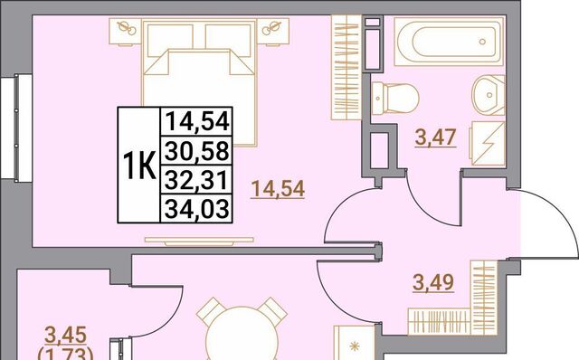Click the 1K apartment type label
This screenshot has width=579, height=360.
(138, 166)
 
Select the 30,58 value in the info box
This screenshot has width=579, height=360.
(197, 151)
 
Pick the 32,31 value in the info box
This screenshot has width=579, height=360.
(196, 181)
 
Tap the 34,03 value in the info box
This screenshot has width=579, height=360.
(197, 209)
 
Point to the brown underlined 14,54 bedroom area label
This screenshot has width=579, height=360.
(278, 189)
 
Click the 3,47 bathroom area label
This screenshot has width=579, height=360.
(436, 137)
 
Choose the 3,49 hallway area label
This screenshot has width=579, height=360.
(433, 283)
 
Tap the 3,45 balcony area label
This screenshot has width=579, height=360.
(66, 335)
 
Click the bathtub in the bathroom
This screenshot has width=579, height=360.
(449, 42)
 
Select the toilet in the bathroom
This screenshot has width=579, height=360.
(395, 99)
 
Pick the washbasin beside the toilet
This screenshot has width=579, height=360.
(489, 95)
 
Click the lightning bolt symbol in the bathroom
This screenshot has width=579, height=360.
(489, 144)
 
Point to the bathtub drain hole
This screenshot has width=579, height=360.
(482, 42)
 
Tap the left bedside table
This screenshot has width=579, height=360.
(126, 31)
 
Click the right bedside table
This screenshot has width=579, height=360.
(273, 31)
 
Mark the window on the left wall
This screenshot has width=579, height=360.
(16, 128)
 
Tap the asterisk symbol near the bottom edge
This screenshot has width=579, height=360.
(355, 346)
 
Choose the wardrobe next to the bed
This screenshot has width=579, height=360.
(346, 68)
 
